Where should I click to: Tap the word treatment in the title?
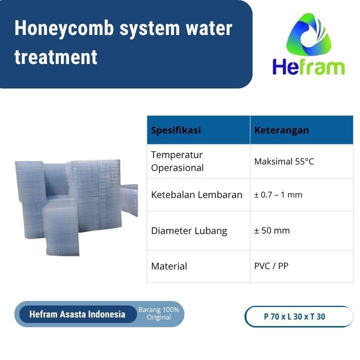55,57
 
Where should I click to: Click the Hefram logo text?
308,66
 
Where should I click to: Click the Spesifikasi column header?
176,130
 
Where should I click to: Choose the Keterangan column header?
281,130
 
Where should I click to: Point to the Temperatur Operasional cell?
177,161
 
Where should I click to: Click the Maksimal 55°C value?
284,161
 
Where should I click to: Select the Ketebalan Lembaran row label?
196,194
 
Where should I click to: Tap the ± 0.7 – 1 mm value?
278,194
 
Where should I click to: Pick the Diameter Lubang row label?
189,230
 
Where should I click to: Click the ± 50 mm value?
272,230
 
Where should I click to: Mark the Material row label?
169,266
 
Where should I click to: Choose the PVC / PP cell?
271,265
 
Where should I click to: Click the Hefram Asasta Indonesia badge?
77,314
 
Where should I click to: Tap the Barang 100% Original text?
158,313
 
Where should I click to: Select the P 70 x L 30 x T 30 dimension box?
298,316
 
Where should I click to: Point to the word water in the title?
207,29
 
